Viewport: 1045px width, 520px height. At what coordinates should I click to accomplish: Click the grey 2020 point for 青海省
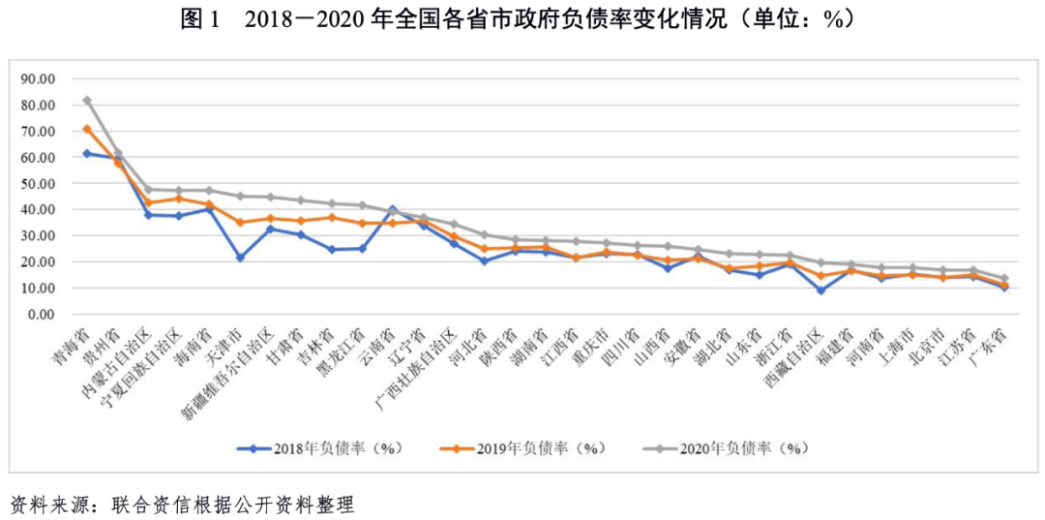click(x=87, y=100)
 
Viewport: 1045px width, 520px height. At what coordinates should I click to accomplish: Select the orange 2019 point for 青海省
click(x=87, y=129)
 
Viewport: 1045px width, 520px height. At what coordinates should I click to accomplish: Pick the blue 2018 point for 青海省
click(x=87, y=153)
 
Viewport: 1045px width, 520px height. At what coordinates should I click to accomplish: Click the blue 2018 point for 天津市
click(x=240, y=258)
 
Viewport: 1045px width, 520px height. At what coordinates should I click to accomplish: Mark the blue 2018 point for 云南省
click(x=392, y=208)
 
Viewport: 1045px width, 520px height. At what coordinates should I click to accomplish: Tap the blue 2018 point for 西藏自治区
click(x=821, y=291)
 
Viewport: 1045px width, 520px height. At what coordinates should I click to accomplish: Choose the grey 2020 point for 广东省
click(x=1004, y=279)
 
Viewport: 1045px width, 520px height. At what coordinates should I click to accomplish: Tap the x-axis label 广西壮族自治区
click(x=417, y=373)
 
